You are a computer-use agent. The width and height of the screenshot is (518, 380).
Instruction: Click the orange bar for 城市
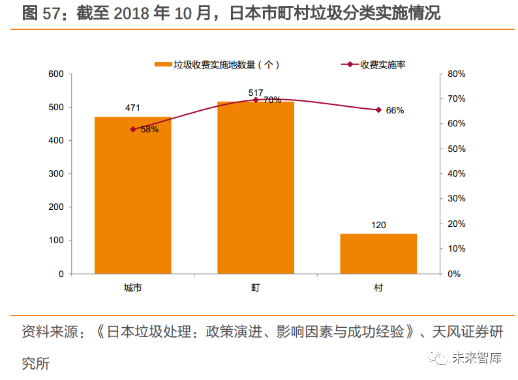pos(132,196)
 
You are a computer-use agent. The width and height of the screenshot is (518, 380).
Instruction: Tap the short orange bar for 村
pos(378,254)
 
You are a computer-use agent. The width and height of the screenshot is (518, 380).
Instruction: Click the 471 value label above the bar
pos(132,108)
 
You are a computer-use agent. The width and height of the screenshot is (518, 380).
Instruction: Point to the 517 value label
pos(255,93)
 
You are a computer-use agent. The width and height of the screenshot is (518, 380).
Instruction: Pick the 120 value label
pos(378,226)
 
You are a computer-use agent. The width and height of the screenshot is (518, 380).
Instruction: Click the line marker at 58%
pos(133,129)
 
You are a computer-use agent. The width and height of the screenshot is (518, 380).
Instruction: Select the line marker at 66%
pos(378,110)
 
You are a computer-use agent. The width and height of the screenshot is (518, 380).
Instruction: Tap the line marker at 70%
pos(256,100)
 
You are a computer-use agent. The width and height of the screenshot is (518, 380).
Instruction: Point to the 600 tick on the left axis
pos(56,74)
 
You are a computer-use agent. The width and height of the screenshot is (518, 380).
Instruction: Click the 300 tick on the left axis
pos(56,174)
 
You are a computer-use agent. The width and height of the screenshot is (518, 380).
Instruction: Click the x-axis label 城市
pos(132,287)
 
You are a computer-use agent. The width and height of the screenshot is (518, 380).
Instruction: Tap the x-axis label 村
pos(378,287)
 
